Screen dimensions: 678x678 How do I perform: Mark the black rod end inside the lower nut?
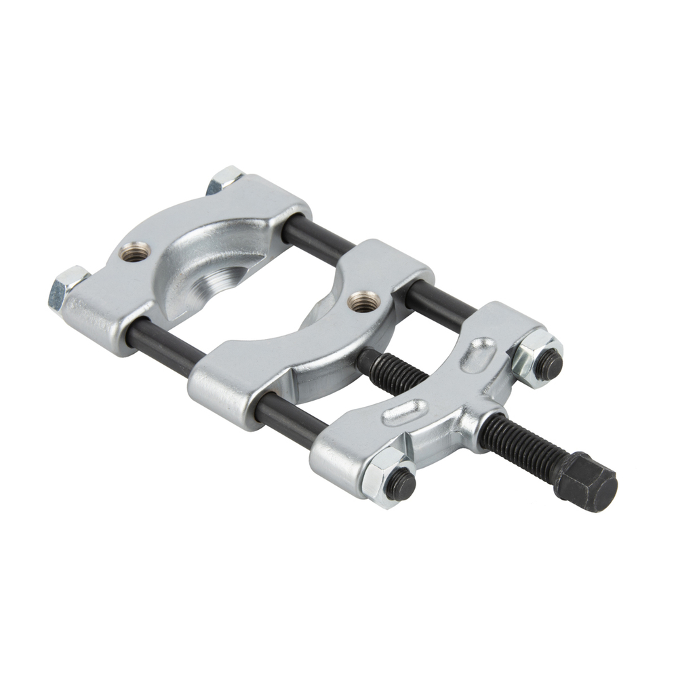point(401,483)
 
